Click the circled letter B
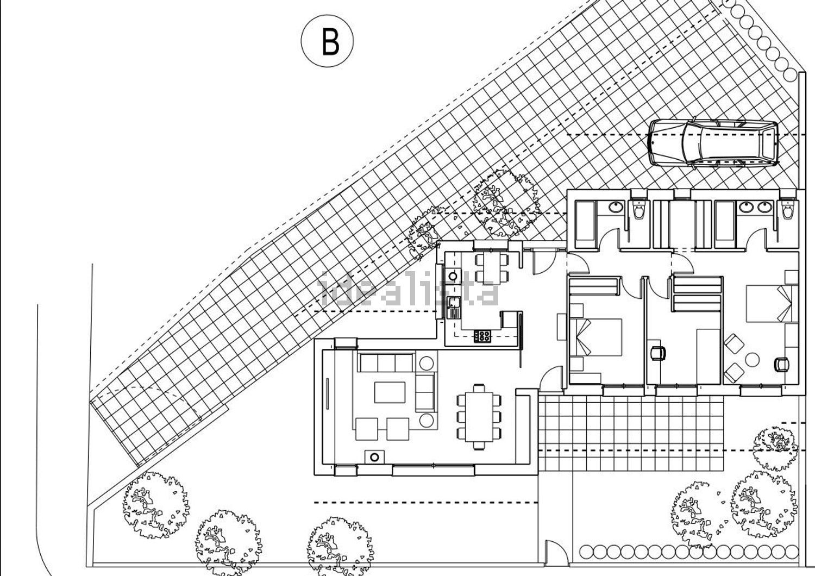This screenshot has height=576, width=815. click(x=328, y=41)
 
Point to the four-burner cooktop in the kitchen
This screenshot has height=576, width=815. click(x=482, y=336)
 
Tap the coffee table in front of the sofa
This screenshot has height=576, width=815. click(x=390, y=392)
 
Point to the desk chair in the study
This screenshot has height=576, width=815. click(x=659, y=352)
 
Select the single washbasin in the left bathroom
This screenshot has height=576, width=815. click(x=616, y=207)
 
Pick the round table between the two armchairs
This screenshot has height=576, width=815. click(x=753, y=359)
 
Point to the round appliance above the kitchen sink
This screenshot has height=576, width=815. click(x=452, y=276)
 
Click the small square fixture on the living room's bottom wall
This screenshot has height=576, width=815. click(x=374, y=457)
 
